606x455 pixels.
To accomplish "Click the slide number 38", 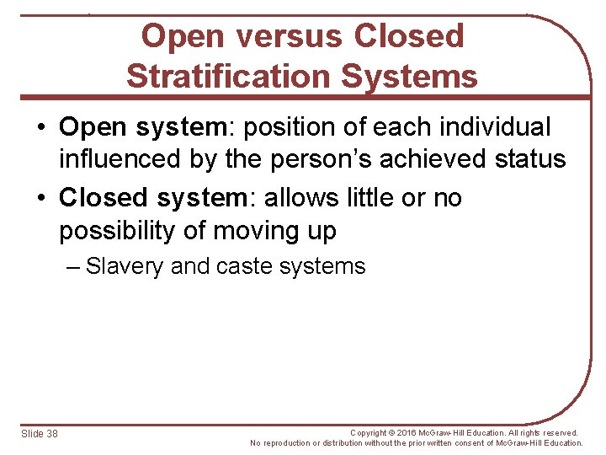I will click(x=53, y=433).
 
